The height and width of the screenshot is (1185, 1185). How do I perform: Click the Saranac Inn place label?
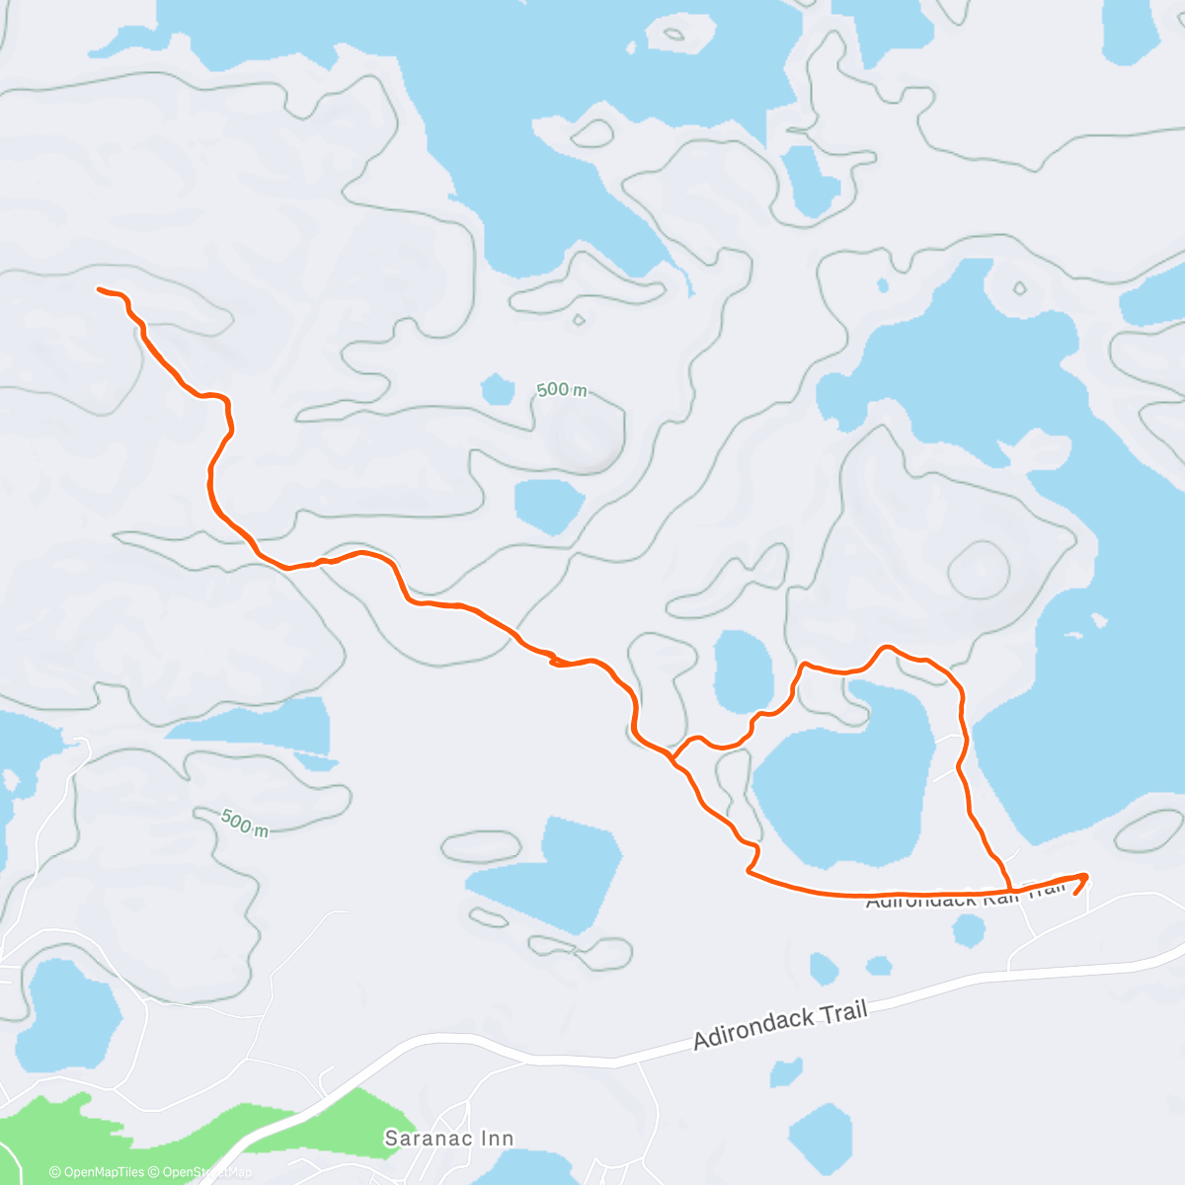click(x=448, y=1139)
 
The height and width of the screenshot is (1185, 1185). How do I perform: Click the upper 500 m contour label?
click(x=562, y=390)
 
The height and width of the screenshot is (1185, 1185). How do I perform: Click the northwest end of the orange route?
click(x=100, y=289)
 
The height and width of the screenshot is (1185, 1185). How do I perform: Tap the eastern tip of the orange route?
click(x=1086, y=875)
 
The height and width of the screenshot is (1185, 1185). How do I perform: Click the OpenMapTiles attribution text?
click(x=97, y=1172)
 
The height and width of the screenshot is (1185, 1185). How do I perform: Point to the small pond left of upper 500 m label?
click(x=497, y=388)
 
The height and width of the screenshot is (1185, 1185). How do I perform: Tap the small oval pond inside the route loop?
click(x=743, y=671)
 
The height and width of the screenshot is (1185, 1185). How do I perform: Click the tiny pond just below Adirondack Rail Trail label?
click(x=969, y=929)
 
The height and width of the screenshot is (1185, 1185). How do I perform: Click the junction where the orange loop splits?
click(x=671, y=758)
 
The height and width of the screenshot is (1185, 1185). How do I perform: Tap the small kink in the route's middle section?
click(x=555, y=660)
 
